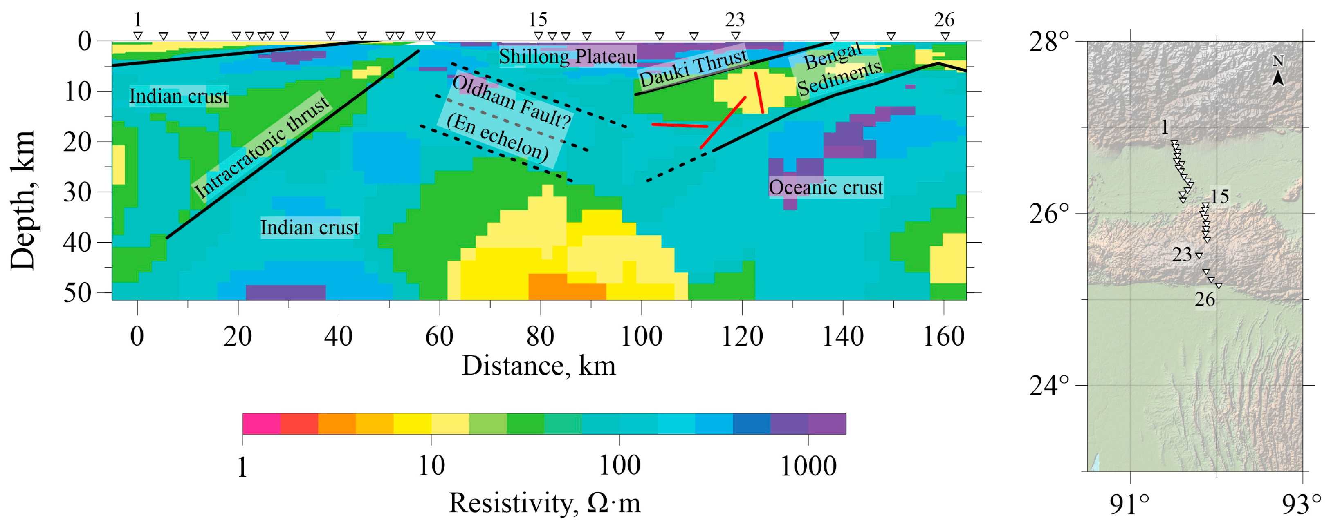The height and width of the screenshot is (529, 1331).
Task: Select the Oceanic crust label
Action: (826, 187)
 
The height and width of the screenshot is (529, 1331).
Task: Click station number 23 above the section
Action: (735, 20)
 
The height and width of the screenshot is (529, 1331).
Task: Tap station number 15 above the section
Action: (537, 20)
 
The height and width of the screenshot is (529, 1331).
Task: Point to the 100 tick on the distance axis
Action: (641, 337)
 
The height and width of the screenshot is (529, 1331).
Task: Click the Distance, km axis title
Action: (539, 365)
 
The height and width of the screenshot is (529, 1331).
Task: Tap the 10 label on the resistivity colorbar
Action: (431, 466)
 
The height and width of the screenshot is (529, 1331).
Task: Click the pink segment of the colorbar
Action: (261, 424)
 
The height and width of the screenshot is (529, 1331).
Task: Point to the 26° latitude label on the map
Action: (1049, 213)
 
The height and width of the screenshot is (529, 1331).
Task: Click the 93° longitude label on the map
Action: (1302, 504)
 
